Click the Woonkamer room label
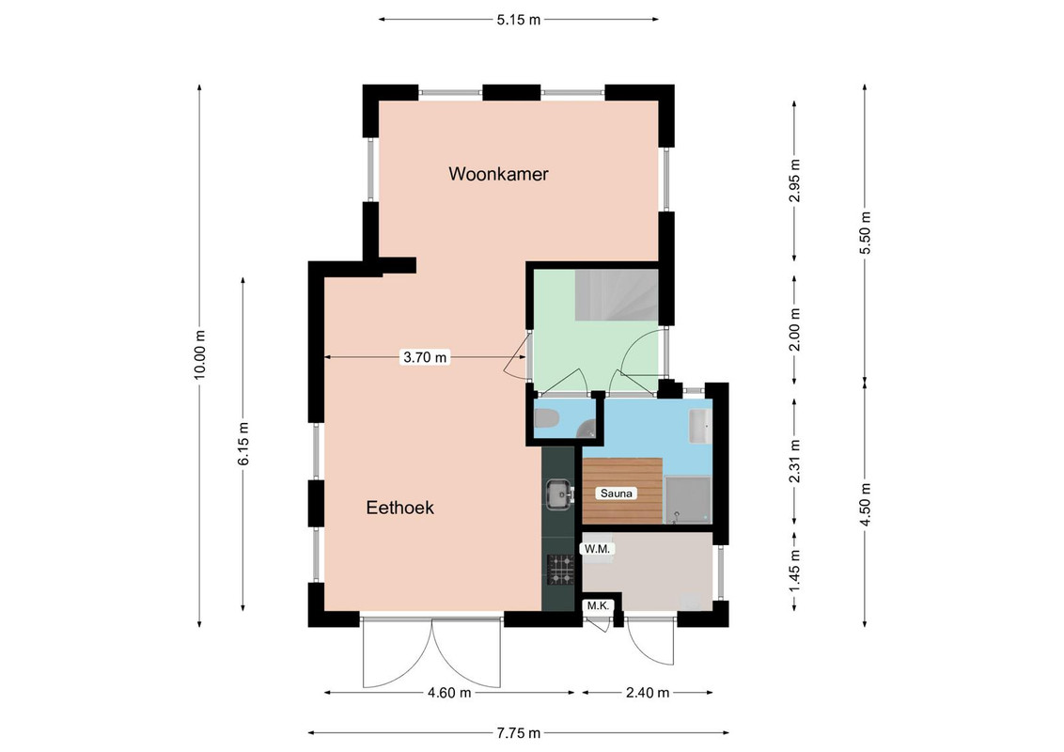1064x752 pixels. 498,174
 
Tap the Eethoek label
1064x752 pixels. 399,508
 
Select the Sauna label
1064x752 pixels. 617,493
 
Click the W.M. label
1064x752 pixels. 597,548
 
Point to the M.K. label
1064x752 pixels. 597,605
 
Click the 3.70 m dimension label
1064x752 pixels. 426,357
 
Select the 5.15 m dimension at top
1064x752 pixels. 519,20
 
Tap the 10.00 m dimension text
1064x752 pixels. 199,355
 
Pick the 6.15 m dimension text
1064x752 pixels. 243,444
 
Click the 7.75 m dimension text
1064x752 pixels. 519,733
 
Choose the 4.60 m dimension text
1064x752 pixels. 449,693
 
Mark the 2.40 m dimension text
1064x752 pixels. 648,693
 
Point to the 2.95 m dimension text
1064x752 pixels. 794,180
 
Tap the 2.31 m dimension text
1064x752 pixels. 794,461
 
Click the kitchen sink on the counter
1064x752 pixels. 560,494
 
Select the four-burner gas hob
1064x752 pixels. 561,570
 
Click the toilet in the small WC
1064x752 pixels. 545,418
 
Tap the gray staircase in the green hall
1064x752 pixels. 617,295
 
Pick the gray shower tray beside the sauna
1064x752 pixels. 687,500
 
